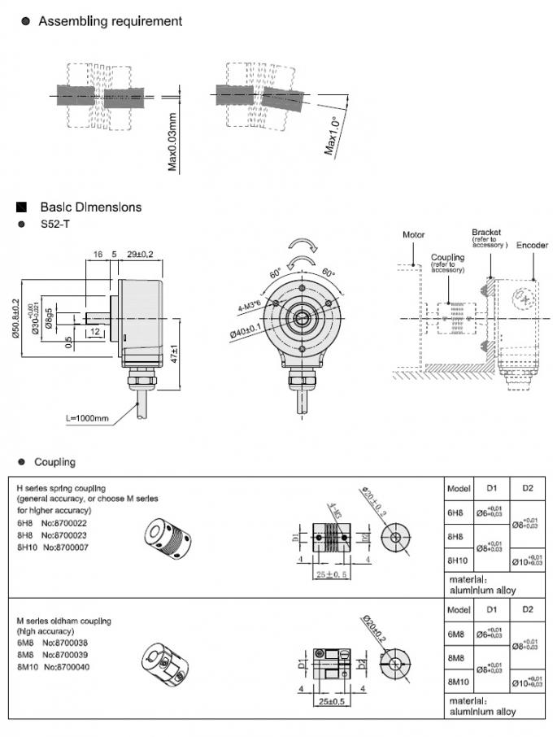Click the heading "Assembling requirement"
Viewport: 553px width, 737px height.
110,20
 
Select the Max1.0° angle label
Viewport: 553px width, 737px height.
331,134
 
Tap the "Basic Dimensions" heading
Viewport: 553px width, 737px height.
90,207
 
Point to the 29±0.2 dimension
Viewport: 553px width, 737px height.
141,255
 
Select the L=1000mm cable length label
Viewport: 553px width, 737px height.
87,418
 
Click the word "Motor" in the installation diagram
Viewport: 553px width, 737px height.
414,235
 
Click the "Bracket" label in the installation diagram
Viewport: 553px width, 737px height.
486,233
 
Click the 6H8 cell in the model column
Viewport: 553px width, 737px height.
455,513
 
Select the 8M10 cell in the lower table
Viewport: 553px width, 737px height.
459,681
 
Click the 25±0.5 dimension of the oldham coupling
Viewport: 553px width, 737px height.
329,701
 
